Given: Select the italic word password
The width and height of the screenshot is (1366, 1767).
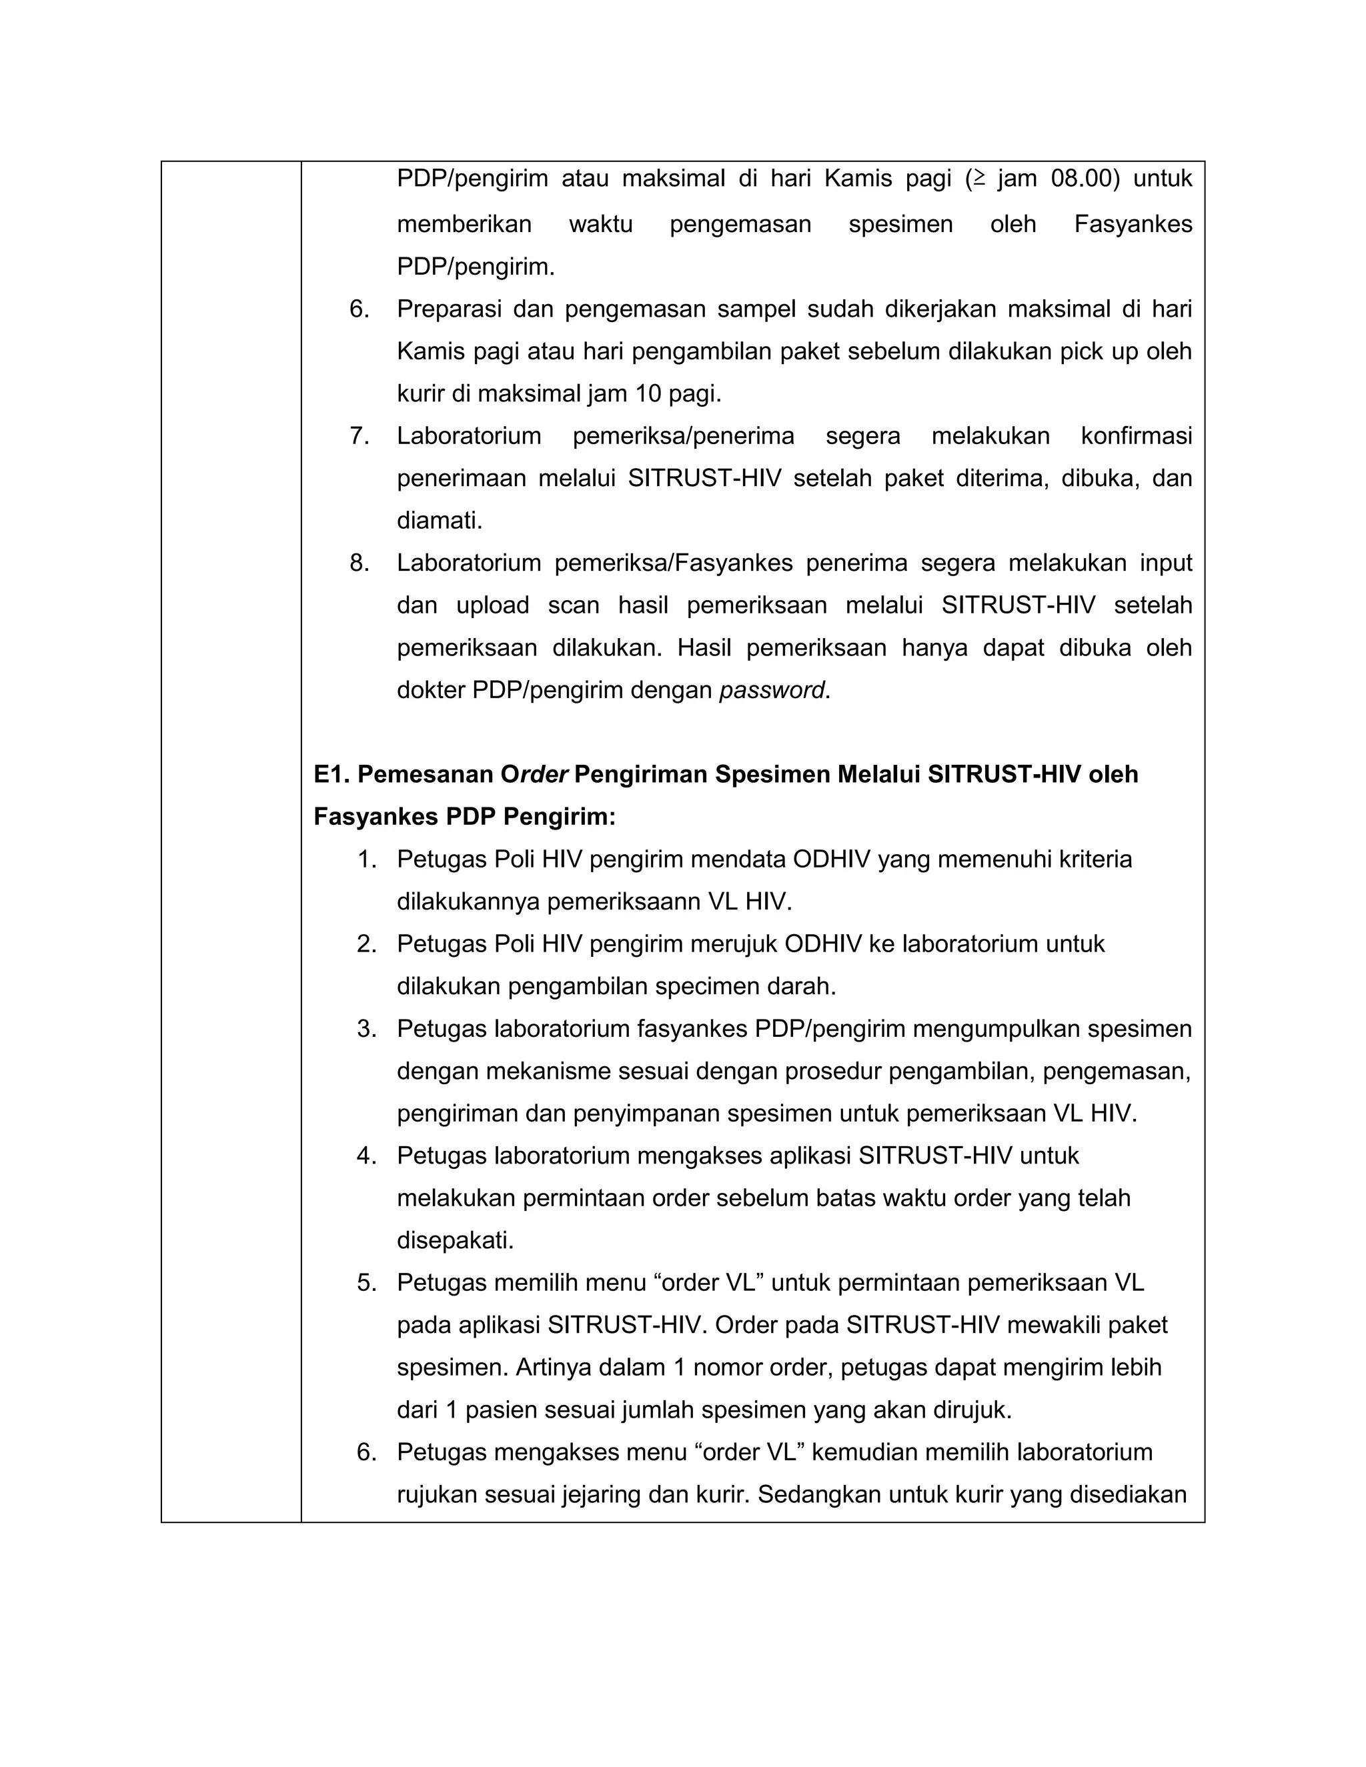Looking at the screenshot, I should pyautogui.click(x=772, y=690).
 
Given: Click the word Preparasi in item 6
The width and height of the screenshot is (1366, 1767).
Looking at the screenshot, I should pyautogui.click(x=448, y=309).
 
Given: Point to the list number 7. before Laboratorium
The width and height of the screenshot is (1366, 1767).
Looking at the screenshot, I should pyautogui.click(x=360, y=436).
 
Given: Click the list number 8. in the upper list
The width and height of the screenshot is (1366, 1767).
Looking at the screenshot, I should pyautogui.click(x=360, y=563).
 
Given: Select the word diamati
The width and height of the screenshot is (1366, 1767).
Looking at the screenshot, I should pyautogui.click(x=439, y=521).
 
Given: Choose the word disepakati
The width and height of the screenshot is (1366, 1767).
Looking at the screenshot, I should pyautogui.click(x=455, y=1240).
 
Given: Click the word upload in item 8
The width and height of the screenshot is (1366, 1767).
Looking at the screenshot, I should pyautogui.click(x=492, y=605).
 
